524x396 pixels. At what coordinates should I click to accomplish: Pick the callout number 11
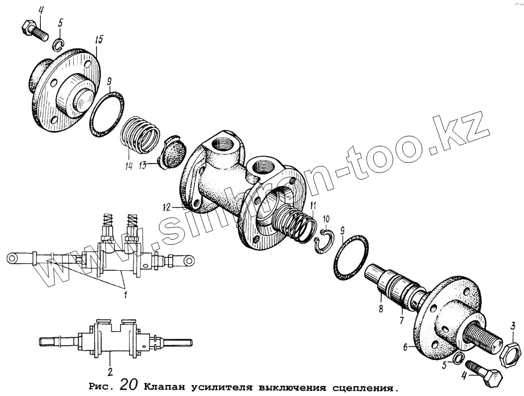coord(313,205)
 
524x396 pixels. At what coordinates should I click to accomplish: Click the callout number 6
coord(405,347)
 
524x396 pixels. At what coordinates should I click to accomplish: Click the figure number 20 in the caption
coord(128,386)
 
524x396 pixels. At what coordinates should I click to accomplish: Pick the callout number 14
coord(128,166)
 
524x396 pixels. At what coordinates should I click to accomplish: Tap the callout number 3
coord(514,325)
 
